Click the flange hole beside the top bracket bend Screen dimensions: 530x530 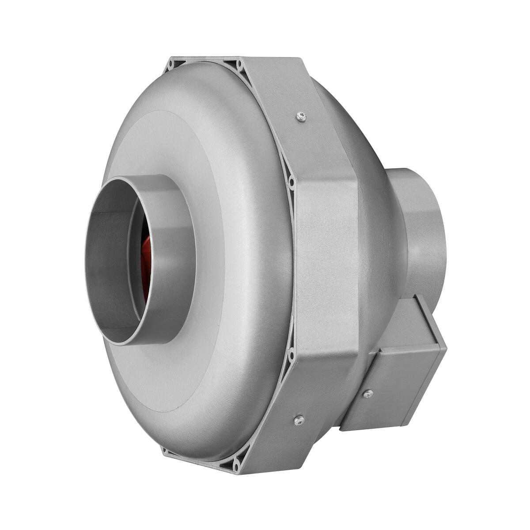point(239,64)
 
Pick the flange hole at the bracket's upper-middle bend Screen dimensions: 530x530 point(291,182)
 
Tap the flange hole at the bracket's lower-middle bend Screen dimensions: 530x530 point(291,353)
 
